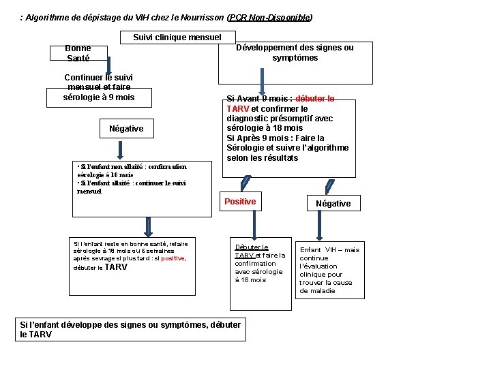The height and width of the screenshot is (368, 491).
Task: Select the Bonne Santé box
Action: click(78, 53)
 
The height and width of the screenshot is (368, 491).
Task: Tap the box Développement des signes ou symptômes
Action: click(295, 53)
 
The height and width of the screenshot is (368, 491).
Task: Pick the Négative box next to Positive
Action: click(333, 203)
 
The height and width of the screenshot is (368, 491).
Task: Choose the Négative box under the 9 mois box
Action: click(126, 129)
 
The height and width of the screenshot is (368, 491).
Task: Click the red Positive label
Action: click(240, 202)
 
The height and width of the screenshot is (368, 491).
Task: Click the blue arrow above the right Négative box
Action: click(329, 185)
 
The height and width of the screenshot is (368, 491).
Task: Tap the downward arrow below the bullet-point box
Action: click(146, 226)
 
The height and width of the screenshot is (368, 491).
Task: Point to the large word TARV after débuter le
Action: click(116, 268)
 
